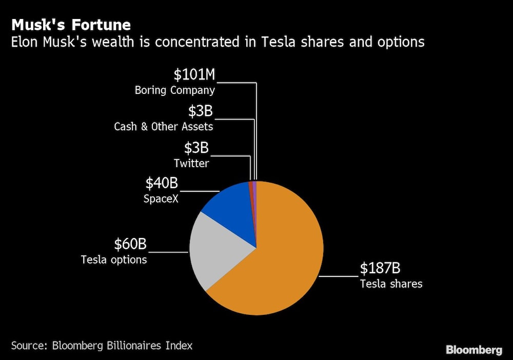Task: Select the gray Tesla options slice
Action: [218, 251]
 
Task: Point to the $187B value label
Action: [381, 269]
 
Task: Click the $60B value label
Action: [130, 244]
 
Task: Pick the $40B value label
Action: [162, 183]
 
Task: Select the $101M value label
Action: [194, 75]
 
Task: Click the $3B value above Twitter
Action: [196, 148]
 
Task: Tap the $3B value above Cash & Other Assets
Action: [200, 111]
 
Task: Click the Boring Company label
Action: [174, 91]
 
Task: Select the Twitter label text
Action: [191, 164]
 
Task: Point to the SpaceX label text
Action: [161, 198]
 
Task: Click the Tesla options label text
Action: [114, 260]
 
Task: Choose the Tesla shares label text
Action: [391, 284]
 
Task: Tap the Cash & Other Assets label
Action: [163, 127]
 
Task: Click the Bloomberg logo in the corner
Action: [474, 350]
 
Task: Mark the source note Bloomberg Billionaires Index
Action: [102, 346]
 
